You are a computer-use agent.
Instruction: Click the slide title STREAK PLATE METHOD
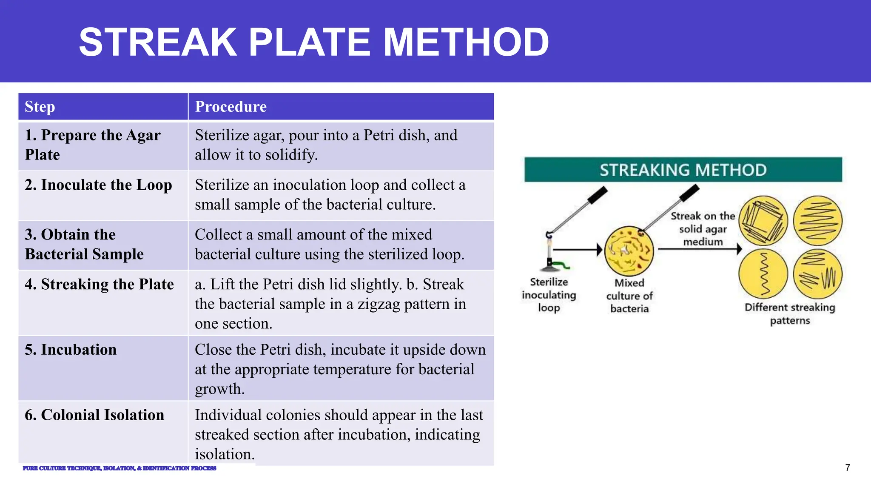[314, 42]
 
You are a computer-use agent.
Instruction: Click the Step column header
[40, 107]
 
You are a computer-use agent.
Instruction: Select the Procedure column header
[231, 107]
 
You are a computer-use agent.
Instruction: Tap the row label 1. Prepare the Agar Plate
[93, 145]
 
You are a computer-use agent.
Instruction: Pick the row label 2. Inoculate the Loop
[98, 185]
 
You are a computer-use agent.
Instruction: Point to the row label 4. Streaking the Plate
[99, 284]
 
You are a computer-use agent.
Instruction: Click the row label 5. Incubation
[71, 350]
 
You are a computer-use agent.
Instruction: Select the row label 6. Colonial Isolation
[94, 415]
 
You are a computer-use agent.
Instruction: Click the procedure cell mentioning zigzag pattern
[330, 304]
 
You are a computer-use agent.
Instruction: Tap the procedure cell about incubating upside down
[340, 369]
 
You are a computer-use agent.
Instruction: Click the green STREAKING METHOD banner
[683, 170]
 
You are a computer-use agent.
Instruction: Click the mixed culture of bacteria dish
[629, 251]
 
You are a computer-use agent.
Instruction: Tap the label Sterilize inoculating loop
[549, 295]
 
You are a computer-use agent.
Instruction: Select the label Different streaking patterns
[790, 313]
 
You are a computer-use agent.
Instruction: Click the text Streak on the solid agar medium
[703, 229]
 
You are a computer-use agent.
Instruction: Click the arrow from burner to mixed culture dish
[578, 250]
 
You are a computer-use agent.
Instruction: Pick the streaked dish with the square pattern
[763, 220]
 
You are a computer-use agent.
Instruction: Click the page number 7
[848, 468]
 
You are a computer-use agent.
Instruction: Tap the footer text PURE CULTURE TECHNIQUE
[120, 468]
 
